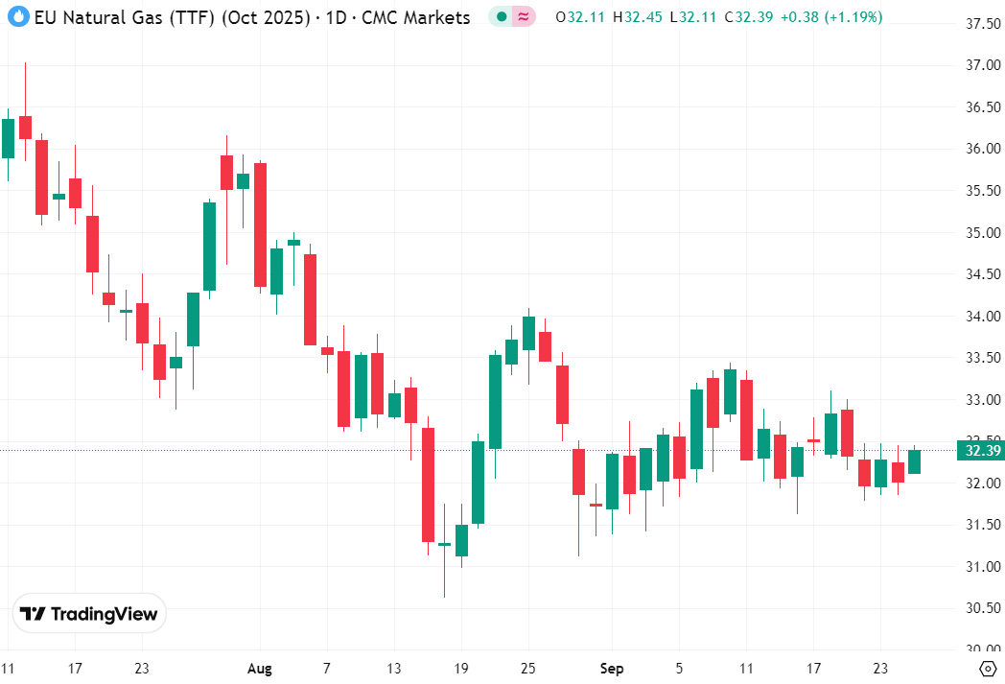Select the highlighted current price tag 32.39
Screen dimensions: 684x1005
(x=983, y=451)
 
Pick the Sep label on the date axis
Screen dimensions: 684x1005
(x=611, y=669)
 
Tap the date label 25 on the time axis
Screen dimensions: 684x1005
(x=528, y=669)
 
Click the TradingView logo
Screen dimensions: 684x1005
(x=89, y=614)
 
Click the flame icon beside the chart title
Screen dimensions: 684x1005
(x=17, y=17)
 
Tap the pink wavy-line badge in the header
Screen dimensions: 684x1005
(x=524, y=17)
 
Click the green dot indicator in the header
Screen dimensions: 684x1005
(x=501, y=17)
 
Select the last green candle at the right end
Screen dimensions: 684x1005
(x=915, y=461)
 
